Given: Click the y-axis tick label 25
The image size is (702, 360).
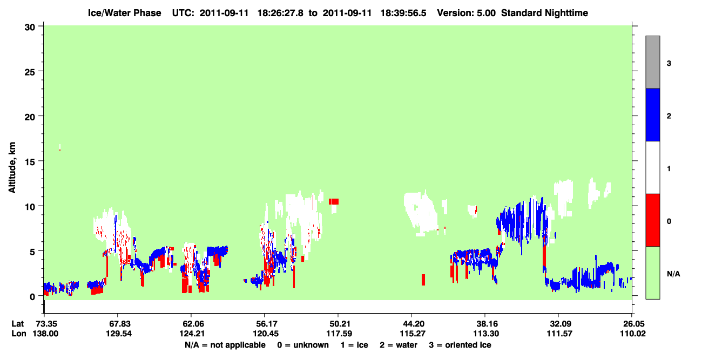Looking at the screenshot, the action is click(30, 72).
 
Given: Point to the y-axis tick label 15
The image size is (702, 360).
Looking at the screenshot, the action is click(30, 162).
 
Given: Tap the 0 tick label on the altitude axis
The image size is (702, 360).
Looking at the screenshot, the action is click(32, 297).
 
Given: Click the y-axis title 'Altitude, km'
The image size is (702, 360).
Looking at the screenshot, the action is click(12, 167).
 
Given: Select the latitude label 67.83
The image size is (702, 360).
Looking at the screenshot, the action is click(118, 324).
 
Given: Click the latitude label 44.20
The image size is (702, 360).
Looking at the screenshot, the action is click(413, 324).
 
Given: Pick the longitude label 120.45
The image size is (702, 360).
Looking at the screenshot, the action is click(266, 334).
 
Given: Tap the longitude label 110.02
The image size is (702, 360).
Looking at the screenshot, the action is click(633, 334).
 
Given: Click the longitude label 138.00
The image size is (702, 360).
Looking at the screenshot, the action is click(45, 334).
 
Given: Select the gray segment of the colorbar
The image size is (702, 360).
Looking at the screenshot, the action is click(652, 62).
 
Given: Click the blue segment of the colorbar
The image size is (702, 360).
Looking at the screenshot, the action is click(652, 114).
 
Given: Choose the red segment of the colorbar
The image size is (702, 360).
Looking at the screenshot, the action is click(652, 220).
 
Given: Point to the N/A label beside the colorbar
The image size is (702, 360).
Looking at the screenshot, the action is click(673, 274).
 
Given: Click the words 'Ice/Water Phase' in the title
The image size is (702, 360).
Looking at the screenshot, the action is click(124, 13).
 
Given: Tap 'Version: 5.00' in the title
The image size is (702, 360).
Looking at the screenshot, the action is click(467, 13).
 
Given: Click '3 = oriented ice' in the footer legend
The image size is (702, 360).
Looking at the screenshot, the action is click(460, 345).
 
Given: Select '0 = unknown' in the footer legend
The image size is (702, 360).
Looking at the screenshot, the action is click(303, 345).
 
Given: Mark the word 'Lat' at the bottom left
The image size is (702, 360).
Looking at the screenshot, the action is click(17, 324).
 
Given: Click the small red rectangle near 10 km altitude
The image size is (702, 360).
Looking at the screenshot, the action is click(334, 201).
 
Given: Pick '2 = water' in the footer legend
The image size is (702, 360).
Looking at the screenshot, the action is click(399, 345).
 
